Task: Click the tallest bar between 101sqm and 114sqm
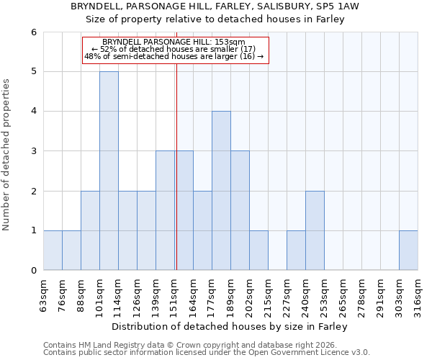coord(109,171)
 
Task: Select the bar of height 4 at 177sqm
coord(221,191)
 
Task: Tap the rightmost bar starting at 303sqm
coord(408,250)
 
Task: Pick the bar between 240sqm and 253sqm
coord(315,230)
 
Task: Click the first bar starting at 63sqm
coord(53,250)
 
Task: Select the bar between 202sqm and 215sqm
coord(258,250)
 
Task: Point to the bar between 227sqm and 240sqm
coord(296,250)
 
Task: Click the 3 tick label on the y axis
coord(33,151)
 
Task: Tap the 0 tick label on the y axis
coord(33,270)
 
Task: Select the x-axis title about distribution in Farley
coord(230,327)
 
